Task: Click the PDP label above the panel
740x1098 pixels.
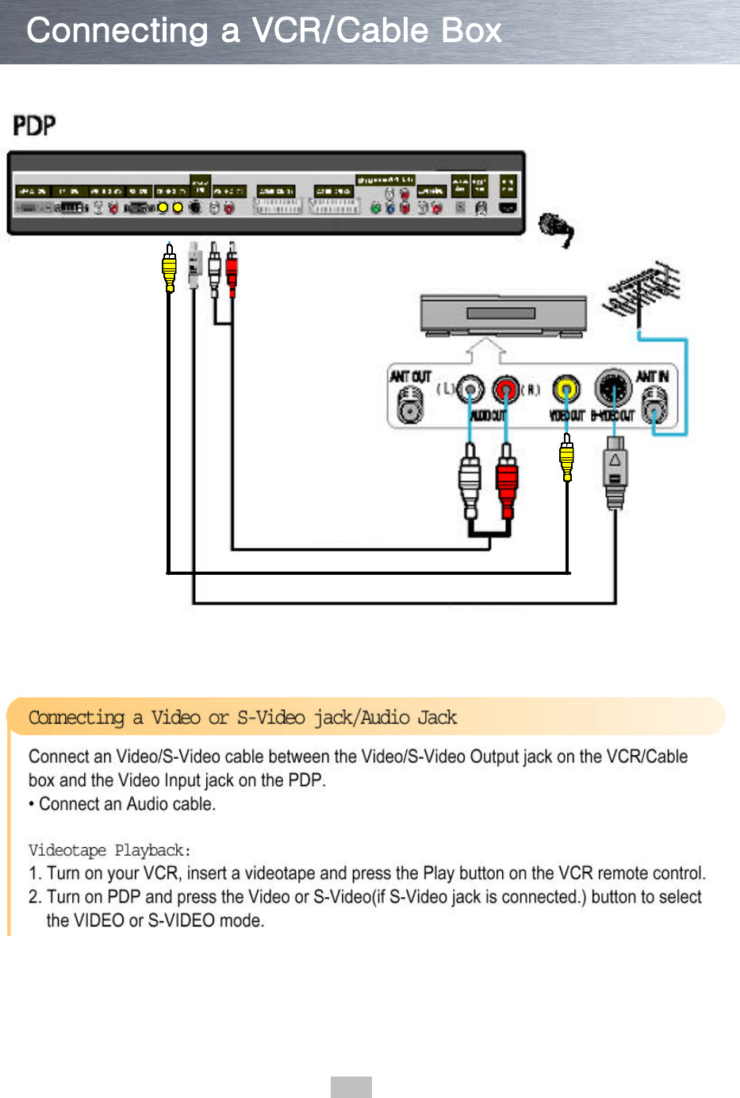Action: coord(34,125)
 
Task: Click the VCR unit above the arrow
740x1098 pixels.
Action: coord(503,315)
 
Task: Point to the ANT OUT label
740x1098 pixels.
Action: coord(409,376)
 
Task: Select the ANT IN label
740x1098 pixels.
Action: coord(652,376)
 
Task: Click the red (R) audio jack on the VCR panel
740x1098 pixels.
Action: coord(505,390)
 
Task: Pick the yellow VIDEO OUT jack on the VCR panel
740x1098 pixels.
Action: coord(566,390)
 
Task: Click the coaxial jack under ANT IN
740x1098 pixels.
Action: coord(654,409)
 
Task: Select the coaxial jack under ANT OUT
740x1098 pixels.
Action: coord(409,409)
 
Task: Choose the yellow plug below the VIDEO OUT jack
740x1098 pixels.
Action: coord(566,460)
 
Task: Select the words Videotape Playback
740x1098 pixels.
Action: coord(109,850)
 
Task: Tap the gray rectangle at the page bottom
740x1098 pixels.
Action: coord(351,1087)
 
